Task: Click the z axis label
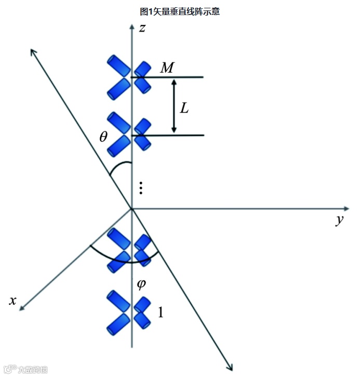point(142,28)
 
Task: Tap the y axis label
point(340,220)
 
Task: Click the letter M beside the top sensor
point(167,67)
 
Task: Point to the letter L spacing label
point(184,108)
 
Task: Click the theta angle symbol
point(103,137)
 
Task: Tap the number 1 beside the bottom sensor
point(161,312)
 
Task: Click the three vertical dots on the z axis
point(141,188)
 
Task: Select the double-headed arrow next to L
point(174,106)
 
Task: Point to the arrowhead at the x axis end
point(22,308)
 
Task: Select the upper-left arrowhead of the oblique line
point(33,51)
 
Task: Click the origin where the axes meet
point(132,209)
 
